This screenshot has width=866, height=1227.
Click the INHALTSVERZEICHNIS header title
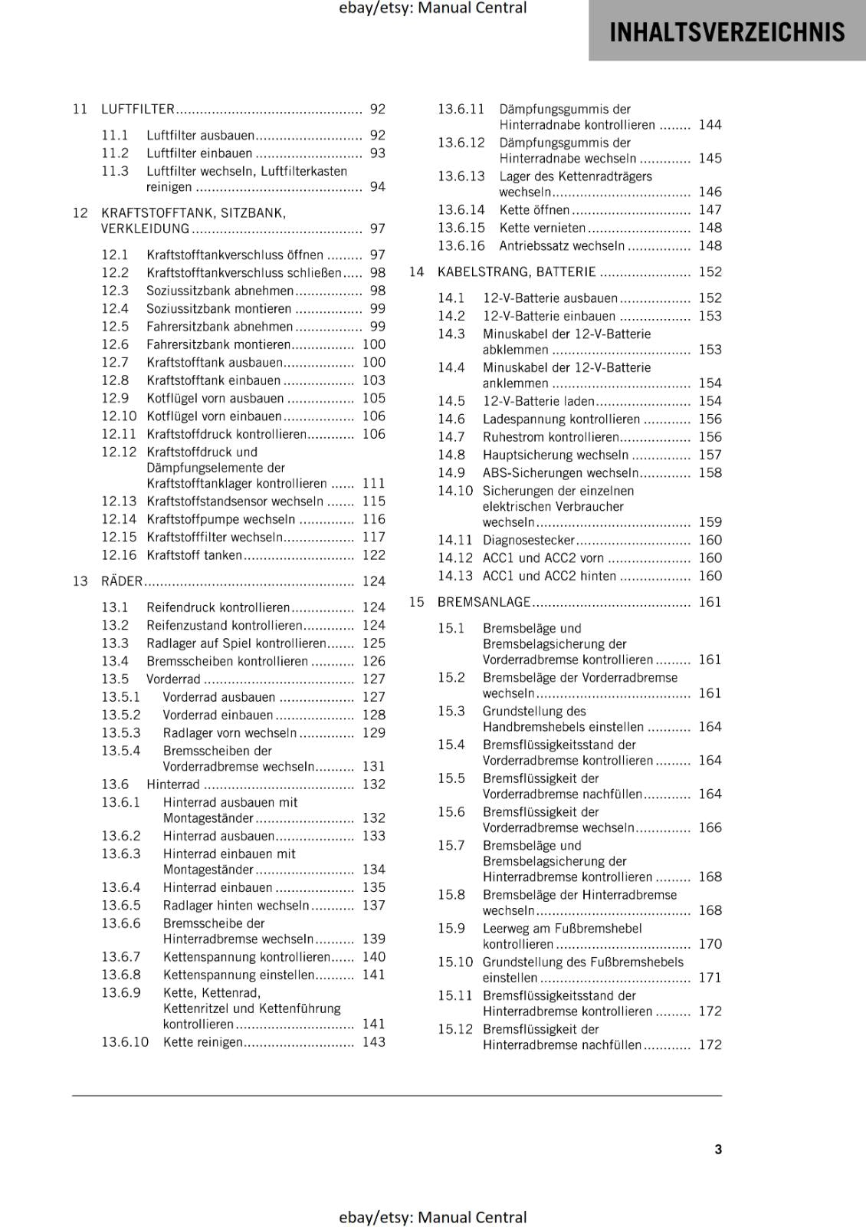[x=727, y=32]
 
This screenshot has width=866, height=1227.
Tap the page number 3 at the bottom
[x=718, y=1149]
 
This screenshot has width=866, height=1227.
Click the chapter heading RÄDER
[x=122, y=581]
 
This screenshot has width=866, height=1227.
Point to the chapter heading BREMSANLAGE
[x=484, y=602]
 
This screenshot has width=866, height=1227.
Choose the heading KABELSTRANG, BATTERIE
[x=516, y=271]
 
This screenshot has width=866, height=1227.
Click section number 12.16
[x=119, y=555]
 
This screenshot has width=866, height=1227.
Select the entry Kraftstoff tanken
[x=194, y=555]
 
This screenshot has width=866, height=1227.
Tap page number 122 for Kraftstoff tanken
[x=373, y=555]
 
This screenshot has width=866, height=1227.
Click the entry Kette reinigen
[x=202, y=1042]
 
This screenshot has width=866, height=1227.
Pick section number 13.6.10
[x=125, y=1042]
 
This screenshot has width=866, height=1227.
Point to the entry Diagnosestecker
[x=528, y=541]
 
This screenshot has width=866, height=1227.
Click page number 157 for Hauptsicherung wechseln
[x=710, y=455]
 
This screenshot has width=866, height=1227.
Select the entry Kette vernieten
[x=542, y=228]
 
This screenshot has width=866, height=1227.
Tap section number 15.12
[x=455, y=1029]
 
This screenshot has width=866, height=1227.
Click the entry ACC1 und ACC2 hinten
[x=549, y=576]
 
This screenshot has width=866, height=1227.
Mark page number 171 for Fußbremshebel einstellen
[x=710, y=978]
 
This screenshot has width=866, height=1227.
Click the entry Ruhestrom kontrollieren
[x=550, y=437]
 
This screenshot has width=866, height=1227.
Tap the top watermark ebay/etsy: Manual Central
[x=432, y=8]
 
